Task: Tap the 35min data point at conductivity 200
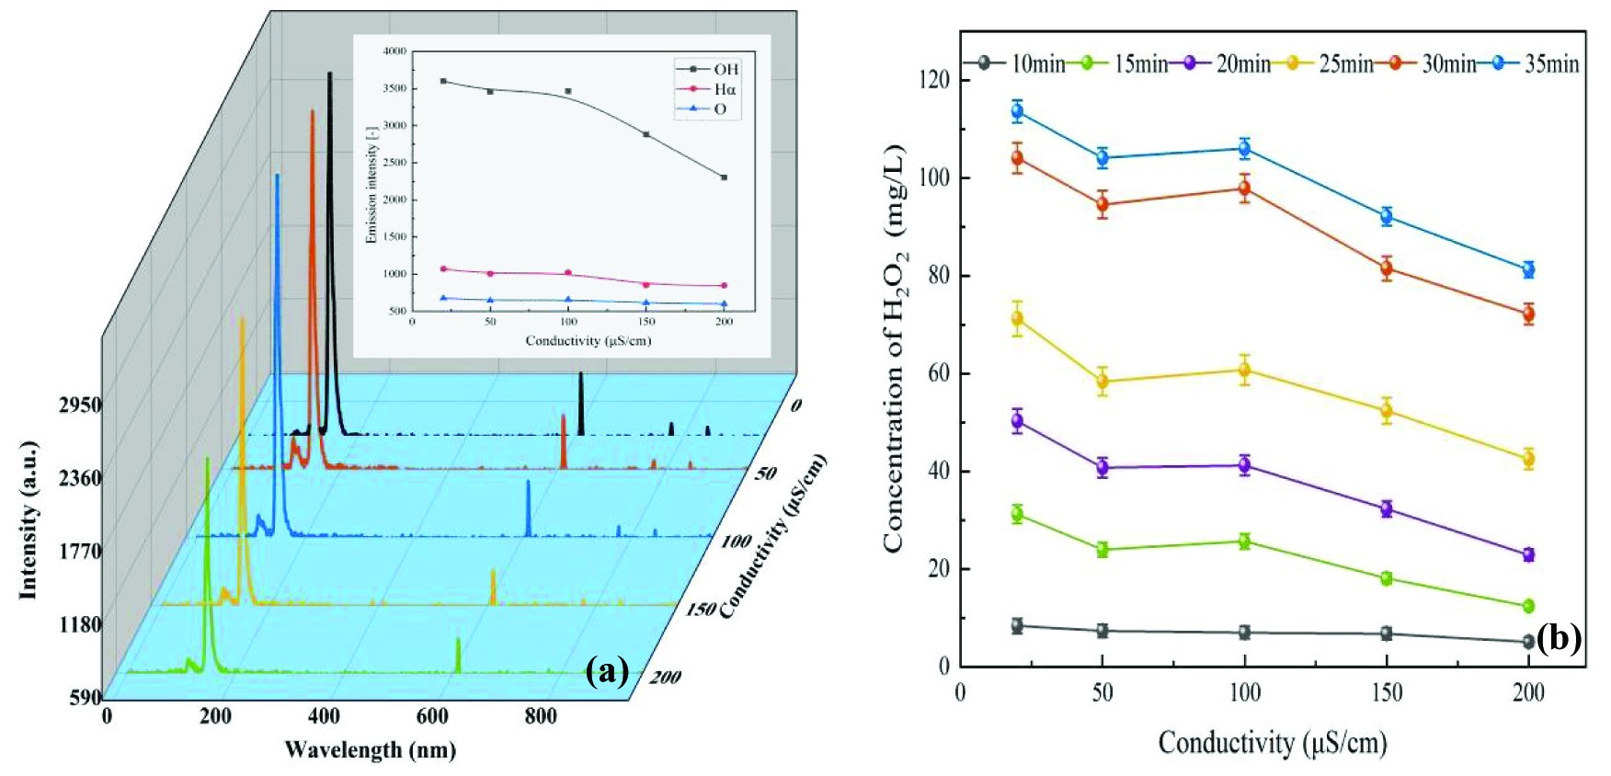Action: click(x=1528, y=269)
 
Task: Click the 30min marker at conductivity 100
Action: click(x=1244, y=188)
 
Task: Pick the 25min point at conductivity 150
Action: click(x=1386, y=411)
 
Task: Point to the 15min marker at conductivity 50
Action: click(x=1102, y=550)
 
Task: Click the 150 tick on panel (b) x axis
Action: click(x=1386, y=692)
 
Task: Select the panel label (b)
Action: click(x=1559, y=637)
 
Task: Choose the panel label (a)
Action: click(x=607, y=671)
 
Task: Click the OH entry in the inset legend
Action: click(x=726, y=69)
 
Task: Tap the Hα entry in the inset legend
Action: click(x=725, y=89)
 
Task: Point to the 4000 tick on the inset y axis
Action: click(x=394, y=52)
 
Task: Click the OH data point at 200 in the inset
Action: click(x=725, y=177)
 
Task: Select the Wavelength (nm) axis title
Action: click(x=370, y=749)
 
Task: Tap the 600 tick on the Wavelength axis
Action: click(x=433, y=716)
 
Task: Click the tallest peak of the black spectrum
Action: click(x=329, y=74)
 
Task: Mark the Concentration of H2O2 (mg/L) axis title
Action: click(x=896, y=349)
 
